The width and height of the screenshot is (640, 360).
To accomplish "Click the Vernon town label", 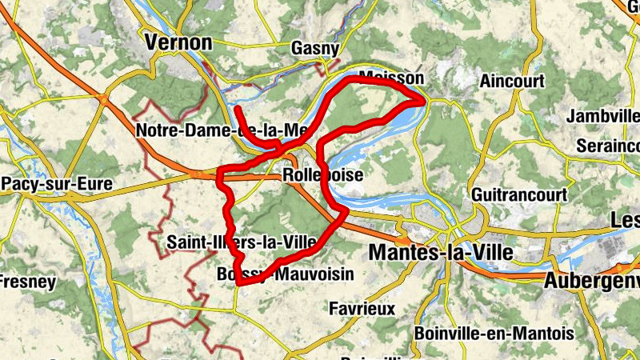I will tap(178, 42).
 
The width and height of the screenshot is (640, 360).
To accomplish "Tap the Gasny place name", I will tap(316, 48).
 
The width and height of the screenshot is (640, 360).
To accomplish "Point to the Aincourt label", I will tap(512, 81).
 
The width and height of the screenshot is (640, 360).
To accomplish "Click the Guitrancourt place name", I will tap(519, 194).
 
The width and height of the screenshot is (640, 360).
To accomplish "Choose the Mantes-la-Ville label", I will tap(440, 253).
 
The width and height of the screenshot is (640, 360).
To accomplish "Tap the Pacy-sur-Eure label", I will tap(56, 185).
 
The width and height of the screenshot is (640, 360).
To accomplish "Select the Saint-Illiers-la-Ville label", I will tap(242, 242).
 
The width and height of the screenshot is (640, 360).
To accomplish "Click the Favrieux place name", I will tap(362, 308).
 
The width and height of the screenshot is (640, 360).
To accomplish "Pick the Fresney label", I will tap(28, 282).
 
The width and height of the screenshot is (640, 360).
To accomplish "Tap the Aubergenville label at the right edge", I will tap(591, 281).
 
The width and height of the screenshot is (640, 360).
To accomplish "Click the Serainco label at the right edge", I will tap(608, 147).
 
